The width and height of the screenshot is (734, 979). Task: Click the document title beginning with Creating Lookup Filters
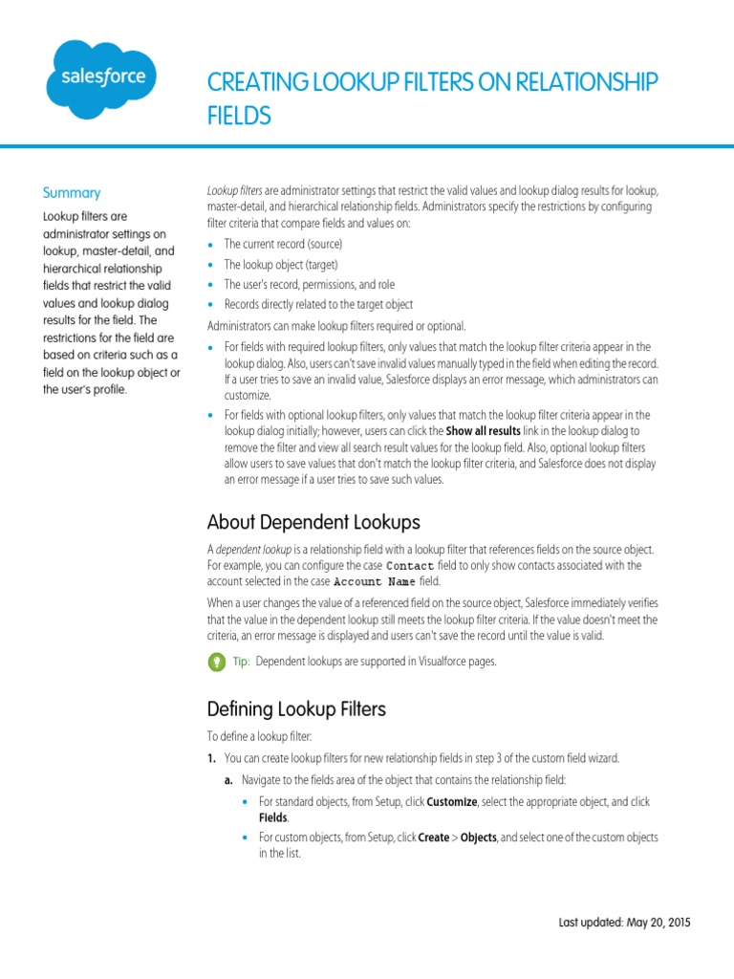tap(432, 98)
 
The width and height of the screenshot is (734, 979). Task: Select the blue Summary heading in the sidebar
tap(72, 192)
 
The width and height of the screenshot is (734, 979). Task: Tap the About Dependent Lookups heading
tap(313, 522)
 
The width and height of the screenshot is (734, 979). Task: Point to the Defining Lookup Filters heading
tap(296, 708)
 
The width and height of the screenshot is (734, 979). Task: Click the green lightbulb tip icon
tap(215, 662)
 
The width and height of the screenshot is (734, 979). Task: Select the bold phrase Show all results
tap(485, 430)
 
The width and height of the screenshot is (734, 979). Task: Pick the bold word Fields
tap(273, 818)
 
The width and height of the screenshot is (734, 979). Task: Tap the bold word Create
tap(433, 838)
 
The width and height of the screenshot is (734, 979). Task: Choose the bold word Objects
tap(478, 838)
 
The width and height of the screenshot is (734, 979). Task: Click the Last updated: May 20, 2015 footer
tap(624, 923)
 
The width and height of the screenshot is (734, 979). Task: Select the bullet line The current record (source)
tap(283, 245)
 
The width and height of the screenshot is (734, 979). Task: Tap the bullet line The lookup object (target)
tap(281, 265)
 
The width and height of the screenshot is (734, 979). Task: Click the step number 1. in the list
tap(212, 758)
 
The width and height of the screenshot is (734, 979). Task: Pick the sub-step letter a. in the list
tap(229, 779)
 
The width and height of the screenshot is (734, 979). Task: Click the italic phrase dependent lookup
tap(251, 550)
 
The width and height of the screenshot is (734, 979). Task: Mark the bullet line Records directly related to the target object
tap(318, 304)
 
